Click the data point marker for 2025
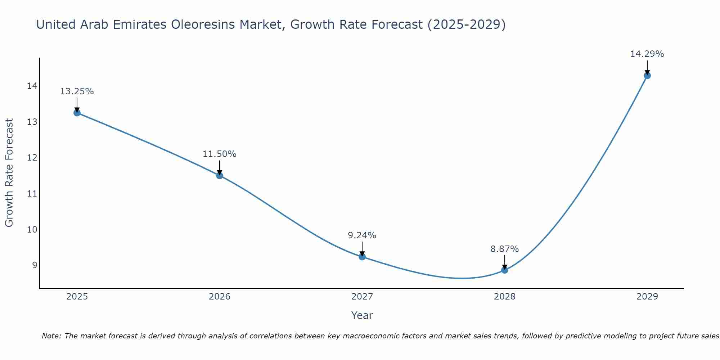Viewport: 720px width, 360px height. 77,113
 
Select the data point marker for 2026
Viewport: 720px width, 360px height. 220,175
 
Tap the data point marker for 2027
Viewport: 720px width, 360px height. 362,257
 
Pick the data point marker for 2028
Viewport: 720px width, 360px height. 505,270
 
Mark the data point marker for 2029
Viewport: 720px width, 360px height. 647,76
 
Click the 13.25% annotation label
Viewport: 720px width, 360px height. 77,91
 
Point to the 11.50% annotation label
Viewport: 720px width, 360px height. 220,154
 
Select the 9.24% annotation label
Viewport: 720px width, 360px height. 362,235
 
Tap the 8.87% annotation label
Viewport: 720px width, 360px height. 505,249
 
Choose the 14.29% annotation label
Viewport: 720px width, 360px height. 647,54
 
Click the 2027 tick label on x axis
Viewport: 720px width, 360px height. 362,297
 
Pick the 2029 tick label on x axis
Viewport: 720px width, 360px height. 647,297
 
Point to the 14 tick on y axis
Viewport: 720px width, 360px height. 32,86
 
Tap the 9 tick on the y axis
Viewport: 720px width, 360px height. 35,265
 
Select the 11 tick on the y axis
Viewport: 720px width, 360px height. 32,194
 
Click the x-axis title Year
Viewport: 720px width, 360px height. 362,315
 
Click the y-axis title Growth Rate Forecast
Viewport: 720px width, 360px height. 9,173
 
